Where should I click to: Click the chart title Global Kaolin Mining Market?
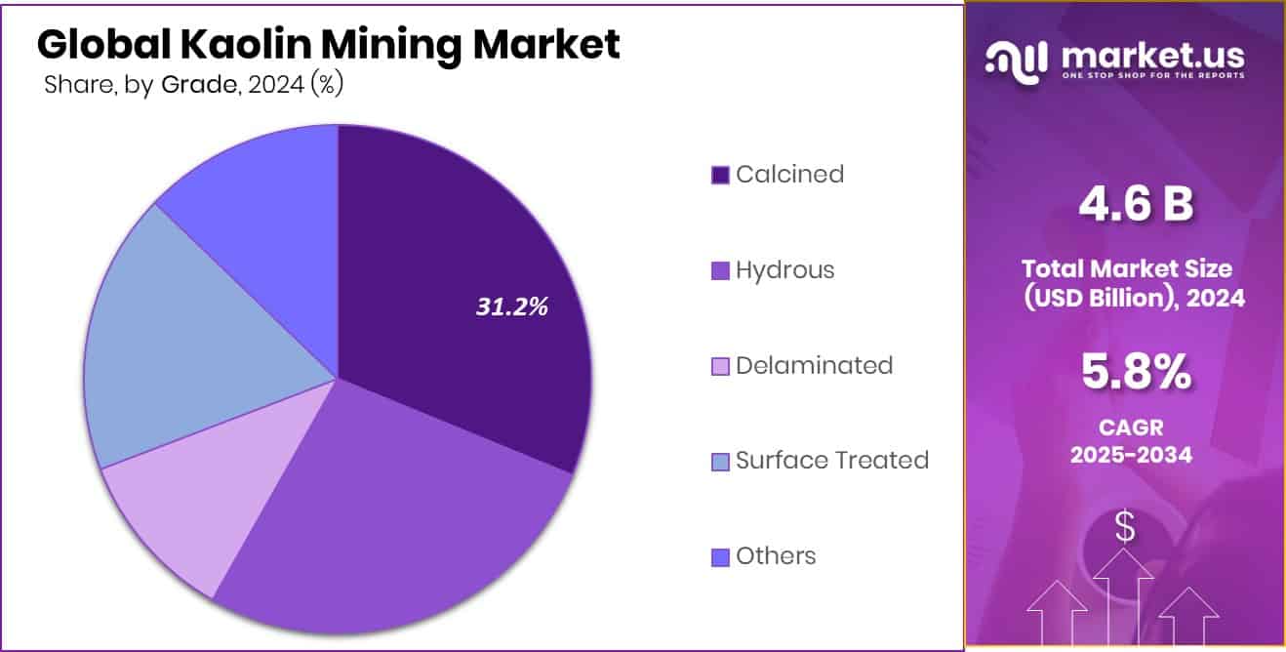[328, 45]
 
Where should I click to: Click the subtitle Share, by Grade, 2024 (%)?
[193, 85]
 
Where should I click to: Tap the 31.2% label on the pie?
[512, 306]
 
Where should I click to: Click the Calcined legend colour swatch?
[720, 176]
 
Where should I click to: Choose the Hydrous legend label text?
[784, 270]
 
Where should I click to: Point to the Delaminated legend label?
[814, 366]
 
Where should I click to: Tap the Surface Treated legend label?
[831, 460]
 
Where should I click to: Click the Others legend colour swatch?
[720, 557]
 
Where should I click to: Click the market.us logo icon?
[1017, 60]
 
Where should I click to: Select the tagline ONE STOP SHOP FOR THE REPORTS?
[1151, 76]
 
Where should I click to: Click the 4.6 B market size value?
[1134, 206]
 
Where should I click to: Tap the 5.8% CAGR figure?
[1135, 372]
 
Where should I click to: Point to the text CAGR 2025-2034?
[1131, 440]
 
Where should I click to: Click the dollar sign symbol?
[1124, 528]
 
